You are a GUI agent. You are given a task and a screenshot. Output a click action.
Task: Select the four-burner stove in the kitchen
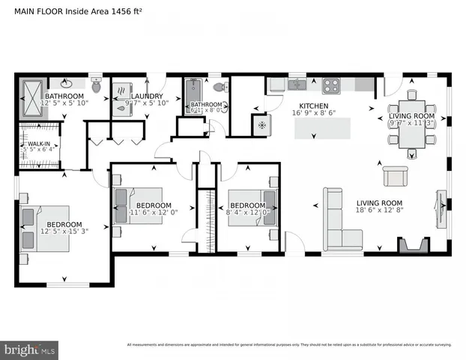[x=331, y=83]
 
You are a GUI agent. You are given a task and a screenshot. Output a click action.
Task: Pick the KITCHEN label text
[x=313, y=106]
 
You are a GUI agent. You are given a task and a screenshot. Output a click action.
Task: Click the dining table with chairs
[x=411, y=124]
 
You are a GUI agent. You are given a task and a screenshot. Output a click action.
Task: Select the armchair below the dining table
[x=395, y=175]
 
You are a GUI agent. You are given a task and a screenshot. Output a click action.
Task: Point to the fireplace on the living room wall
[x=414, y=245]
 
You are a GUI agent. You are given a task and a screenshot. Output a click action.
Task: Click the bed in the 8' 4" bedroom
[x=252, y=205]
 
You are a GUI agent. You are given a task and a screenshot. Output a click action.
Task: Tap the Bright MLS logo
[x=30, y=349]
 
